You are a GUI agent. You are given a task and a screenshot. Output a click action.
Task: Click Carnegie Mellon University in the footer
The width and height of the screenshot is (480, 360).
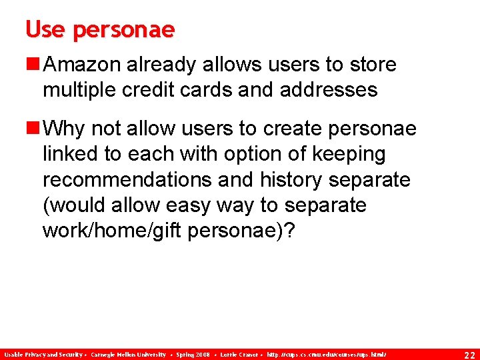(128, 353)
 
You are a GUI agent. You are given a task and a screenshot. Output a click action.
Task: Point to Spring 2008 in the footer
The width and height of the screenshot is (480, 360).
(193, 353)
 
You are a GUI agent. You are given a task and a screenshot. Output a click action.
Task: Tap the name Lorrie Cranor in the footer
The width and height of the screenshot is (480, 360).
(237, 353)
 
